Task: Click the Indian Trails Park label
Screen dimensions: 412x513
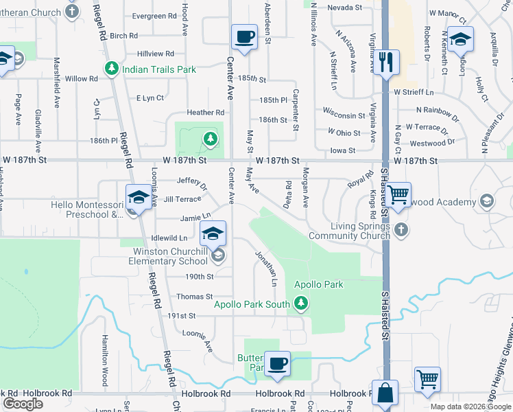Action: tap(159, 69)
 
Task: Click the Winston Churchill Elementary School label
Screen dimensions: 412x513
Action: tap(170, 255)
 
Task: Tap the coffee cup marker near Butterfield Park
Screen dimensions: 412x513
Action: tap(278, 363)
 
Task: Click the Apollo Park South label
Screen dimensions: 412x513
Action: tap(252, 304)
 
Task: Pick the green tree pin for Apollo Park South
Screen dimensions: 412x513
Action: tap(300, 302)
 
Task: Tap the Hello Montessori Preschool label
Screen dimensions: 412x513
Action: tap(86, 209)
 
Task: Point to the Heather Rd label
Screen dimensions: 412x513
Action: tap(206, 113)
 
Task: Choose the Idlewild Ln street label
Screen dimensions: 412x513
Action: tap(169, 238)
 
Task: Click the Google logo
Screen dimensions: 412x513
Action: tap(23, 404)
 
